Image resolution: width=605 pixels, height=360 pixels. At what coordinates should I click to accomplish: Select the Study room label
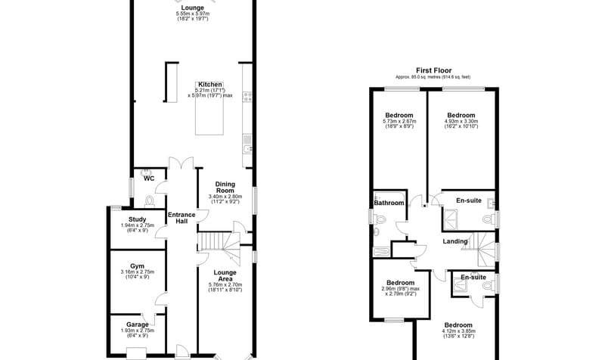[137, 219]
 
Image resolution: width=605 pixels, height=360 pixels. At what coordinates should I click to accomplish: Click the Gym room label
[137, 266]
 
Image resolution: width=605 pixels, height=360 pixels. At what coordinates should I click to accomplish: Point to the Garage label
[137, 324]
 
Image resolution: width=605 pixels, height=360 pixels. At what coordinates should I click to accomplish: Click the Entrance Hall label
[181, 219]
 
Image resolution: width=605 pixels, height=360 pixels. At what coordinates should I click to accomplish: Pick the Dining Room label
[225, 187]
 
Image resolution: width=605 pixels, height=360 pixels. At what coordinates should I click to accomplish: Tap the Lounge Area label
[225, 276]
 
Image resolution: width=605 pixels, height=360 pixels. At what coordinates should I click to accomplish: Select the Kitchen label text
[210, 84]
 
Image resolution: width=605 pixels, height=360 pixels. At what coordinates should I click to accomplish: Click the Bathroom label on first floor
[389, 203]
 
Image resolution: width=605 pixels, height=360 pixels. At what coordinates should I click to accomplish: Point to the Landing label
[454, 242]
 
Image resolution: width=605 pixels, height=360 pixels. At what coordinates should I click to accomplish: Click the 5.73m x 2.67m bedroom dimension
[399, 121]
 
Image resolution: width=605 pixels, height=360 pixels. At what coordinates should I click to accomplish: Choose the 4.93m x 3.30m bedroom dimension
[461, 121]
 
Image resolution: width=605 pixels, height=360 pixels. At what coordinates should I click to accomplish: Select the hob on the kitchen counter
[247, 96]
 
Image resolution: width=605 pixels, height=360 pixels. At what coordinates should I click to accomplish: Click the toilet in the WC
[149, 200]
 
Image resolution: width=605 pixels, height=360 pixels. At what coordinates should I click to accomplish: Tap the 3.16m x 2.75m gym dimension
[137, 272]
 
